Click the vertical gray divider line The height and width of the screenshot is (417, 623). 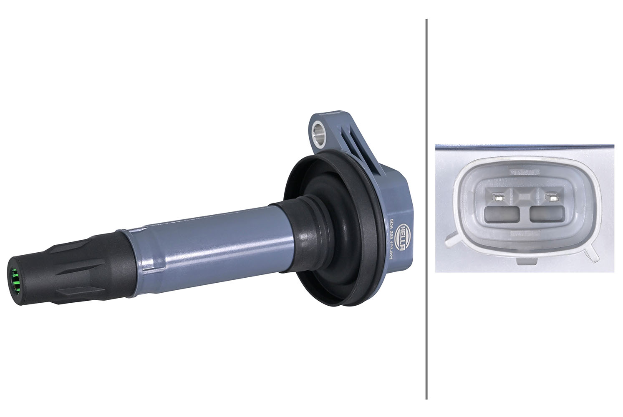pos(426,208)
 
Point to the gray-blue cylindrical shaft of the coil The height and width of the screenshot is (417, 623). pos(209,242)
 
